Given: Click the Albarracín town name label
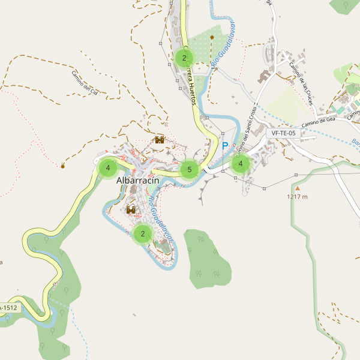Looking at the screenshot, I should pyautogui.click(x=142, y=181).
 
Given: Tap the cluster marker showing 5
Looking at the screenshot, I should pyautogui.click(x=189, y=170).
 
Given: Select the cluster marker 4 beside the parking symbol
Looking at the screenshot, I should pyautogui.click(x=241, y=163).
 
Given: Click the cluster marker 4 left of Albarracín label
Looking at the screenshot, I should pyautogui.click(x=108, y=167).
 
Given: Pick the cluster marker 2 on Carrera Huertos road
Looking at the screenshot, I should pyautogui.click(x=184, y=58).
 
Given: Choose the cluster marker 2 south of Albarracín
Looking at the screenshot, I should pyautogui.click(x=142, y=233).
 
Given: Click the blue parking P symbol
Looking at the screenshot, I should pyautogui.click(x=226, y=146).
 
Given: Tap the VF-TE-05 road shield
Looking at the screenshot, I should pyautogui.click(x=284, y=133).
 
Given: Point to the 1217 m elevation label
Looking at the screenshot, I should pyautogui.click(x=297, y=197).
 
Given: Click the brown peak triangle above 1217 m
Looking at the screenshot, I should pyautogui.click(x=296, y=188).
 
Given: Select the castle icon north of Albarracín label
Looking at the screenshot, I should pyautogui.click(x=160, y=140).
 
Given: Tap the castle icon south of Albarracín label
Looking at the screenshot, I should pyautogui.click(x=131, y=210).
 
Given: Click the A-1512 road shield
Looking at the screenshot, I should pyautogui.click(x=9, y=308).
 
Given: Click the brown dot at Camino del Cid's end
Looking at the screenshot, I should pyautogui.click(x=62, y=166).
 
